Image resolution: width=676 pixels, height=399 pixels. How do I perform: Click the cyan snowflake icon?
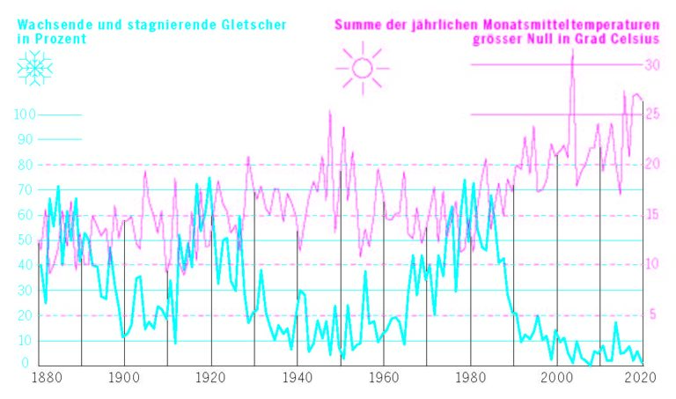(34, 69)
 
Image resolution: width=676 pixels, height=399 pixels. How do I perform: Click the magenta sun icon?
(360, 68)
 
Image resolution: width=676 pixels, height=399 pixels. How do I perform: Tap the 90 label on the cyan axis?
(25, 139)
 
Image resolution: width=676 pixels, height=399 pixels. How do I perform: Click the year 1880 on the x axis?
(44, 377)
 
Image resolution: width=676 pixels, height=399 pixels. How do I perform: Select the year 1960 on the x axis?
(383, 377)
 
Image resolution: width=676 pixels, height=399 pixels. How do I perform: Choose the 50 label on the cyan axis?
(25, 240)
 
